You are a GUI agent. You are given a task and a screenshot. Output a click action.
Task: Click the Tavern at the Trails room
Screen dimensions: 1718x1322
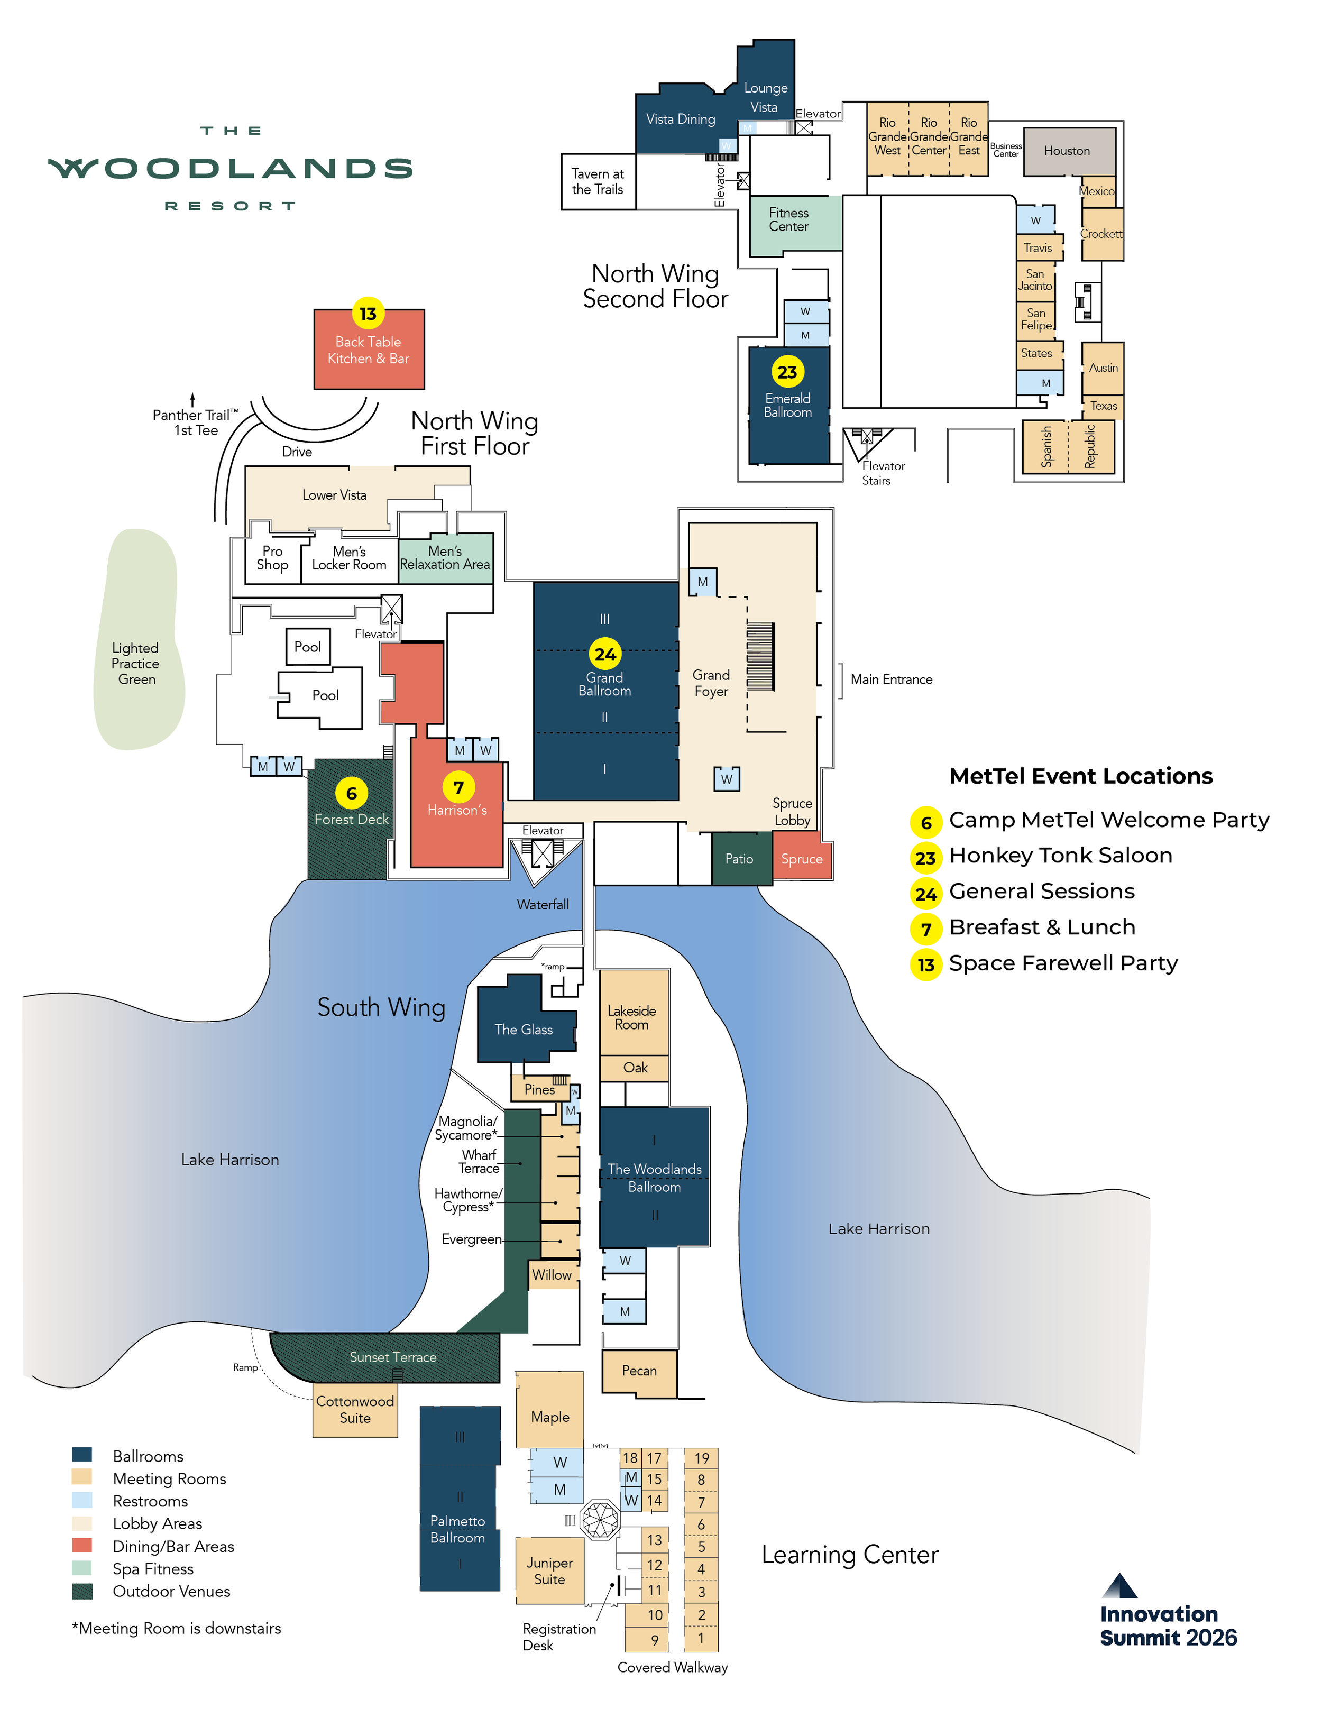pyautogui.click(x=598, y=182)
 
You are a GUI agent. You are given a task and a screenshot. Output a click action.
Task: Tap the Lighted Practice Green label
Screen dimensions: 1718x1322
pyautogui.click(x=135, y=663)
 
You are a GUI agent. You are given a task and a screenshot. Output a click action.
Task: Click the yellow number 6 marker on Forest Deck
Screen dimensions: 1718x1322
pyautogui.click(x=352, y=793)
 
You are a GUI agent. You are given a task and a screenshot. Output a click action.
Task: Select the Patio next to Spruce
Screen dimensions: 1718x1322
pyautogui.click(x=739, y=859)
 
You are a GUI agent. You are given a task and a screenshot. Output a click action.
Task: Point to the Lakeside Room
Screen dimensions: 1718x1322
pyautogui.click(x=632, y=1018)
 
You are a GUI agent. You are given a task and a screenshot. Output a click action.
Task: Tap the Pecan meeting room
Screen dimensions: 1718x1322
pyautogui.click(x=639, y=1370)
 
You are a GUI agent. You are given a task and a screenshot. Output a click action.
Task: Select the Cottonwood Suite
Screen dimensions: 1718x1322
pyautogui.click(x=355, y=1410)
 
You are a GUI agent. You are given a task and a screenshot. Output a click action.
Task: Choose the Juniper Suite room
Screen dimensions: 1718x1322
pyautogui.click(x=550, y=1571)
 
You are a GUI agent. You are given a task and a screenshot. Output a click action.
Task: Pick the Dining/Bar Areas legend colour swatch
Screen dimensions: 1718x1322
pyautogui.click(x=82, y=1546)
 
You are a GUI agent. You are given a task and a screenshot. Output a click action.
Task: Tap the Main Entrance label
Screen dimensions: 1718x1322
pyautogui.click(x=891, y=679)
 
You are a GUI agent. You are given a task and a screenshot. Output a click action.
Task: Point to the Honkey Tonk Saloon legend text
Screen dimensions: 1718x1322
pyautogui.click(x=1060, y=855)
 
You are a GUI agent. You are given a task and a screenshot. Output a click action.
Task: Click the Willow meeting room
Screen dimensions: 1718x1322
pyautogui.click(x=552, y=1275)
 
